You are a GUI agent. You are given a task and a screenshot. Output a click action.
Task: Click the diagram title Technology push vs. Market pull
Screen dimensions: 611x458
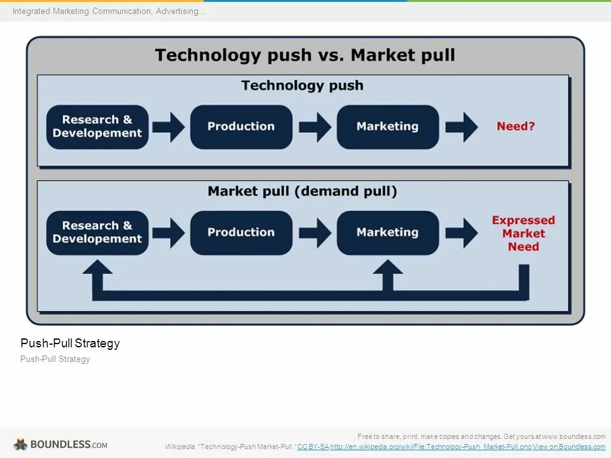point(305,55)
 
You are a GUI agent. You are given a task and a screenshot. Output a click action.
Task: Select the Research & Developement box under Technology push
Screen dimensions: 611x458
point(97,127)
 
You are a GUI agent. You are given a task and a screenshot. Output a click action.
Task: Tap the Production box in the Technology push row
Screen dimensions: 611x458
point(241,127)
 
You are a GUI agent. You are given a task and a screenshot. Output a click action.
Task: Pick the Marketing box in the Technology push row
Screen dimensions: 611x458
point(388,127)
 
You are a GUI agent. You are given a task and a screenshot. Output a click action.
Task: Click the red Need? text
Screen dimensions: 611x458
point(516,126)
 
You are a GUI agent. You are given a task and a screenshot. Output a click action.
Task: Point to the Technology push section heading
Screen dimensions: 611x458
point(302,85)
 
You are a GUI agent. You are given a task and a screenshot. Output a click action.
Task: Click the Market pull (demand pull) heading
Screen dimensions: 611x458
point(302,191)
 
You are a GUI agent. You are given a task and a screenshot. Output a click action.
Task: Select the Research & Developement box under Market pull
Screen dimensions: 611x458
point(97,233)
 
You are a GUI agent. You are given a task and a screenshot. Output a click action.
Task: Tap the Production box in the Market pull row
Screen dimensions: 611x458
point(241,233)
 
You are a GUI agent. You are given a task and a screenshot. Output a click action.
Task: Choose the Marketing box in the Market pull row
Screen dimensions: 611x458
point(388,233)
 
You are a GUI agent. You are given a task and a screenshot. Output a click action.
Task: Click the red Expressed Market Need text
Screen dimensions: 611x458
point(523,233)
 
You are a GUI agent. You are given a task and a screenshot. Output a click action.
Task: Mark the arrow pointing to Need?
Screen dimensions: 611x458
point(461,127)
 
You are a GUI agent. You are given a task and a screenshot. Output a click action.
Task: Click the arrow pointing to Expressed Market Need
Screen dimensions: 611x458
point(461,233)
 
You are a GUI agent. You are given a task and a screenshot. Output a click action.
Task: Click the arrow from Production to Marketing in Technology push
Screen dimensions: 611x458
point(315,127)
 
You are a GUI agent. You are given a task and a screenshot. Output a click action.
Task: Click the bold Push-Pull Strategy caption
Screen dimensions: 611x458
point(70,343)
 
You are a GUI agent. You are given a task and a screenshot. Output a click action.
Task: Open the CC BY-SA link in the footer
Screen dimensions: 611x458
point(313,447)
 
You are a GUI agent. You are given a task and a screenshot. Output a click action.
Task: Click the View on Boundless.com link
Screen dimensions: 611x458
point(569,447)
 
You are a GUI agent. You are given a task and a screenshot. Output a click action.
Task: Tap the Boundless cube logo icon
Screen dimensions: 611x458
point(21,444)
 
